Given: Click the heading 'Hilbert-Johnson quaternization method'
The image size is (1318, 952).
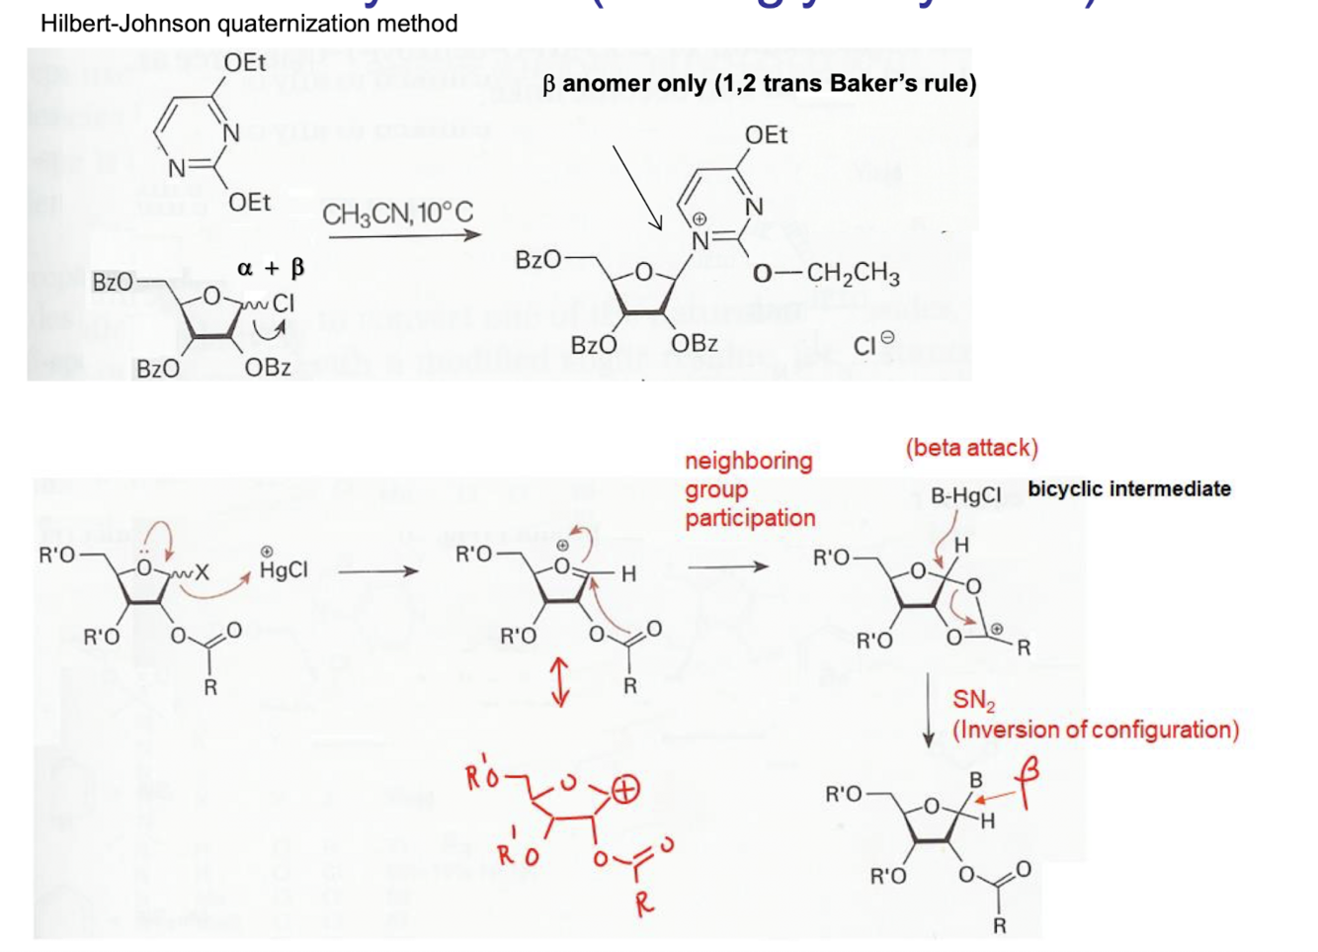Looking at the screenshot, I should (x=249, y=23).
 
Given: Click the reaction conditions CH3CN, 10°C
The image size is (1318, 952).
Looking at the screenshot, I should (x=398, y=213).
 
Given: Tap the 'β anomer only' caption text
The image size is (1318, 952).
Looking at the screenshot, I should (x=759, y=83).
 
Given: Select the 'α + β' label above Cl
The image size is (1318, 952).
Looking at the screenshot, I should (x=271, y=268).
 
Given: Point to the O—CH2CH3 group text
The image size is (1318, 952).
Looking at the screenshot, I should (x=826, y=274).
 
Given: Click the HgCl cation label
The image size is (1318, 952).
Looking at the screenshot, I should (x=284, y=568).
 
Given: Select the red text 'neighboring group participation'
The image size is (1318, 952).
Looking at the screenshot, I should (x=749, y=488).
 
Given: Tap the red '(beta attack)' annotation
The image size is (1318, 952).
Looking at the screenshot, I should (x=971, y=448).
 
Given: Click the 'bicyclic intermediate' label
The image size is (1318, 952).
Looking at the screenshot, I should (x=1129, y=488).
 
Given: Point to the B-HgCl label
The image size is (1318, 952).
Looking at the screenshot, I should (x=965, y=495).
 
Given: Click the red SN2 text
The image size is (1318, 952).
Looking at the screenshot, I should (x=973, y=701).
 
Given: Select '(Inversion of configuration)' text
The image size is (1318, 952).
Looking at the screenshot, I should (x=1095, y=730).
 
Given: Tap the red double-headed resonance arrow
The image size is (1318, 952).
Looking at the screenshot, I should (x=559, y=683).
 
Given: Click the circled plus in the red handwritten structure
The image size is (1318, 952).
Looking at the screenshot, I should (x=624, y=789).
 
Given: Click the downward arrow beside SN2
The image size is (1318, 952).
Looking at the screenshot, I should (x=928, y=710).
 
